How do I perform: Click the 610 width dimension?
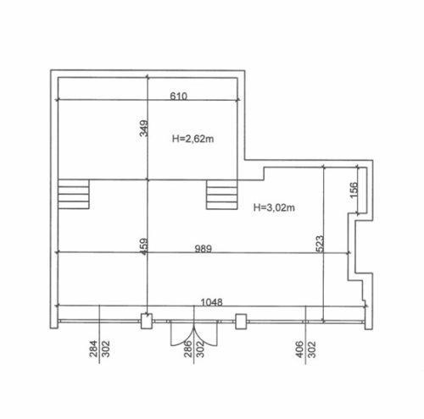point(178,96)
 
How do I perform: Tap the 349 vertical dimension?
point(143,129)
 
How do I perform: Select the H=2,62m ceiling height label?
point(193,139)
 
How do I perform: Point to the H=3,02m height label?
point(274,207)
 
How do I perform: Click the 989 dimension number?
point(204,249)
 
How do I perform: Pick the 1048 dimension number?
point(211,302)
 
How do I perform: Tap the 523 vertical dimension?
point(320,244)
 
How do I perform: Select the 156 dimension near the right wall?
point(354,190)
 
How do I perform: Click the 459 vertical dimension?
point(144,246)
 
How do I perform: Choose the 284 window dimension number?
point(93,349)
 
